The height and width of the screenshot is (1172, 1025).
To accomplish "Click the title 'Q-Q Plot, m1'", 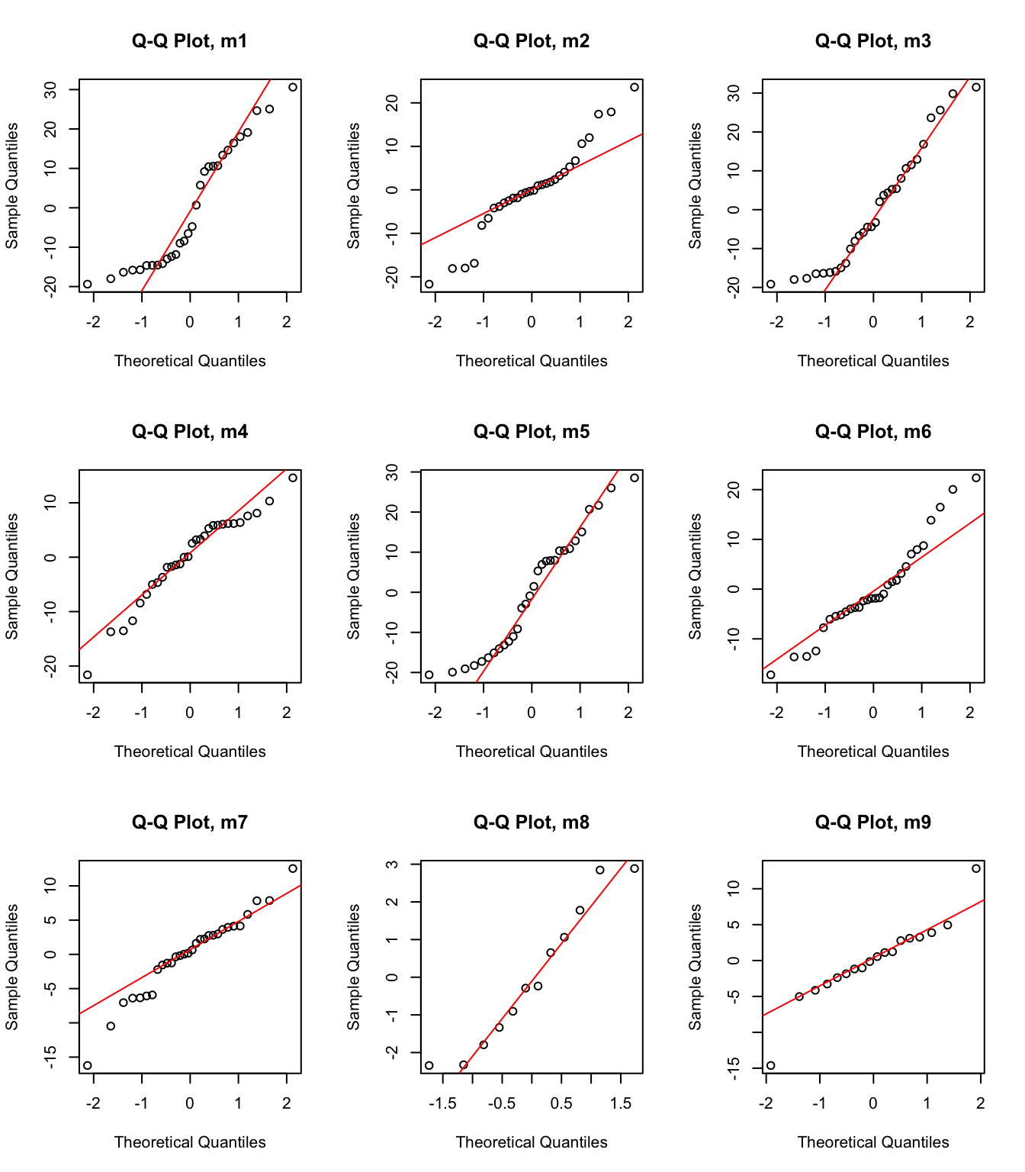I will pyautogui.click(x=189, y=41).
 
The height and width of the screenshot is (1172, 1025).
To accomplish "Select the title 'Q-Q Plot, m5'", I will pyautogui.click(x=531, y=432).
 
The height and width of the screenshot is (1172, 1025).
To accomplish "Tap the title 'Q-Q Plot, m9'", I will pyautogui.click(x=872, y=823).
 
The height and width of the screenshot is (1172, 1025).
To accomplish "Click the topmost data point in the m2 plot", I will pyautogui.click(x=635, y=88).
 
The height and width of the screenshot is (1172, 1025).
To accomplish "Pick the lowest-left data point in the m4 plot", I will pyautogui.click(x=88, y=675).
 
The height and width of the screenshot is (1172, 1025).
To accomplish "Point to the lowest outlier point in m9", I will pyautogui.click(x=770, y=1065).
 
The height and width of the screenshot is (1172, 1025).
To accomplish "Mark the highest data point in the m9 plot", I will pyautogui.click(x=976, y=868).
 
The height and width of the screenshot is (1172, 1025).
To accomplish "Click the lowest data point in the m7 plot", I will pyautogui.click(x=88, y=1065).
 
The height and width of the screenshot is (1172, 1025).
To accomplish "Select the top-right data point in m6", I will pyautogui.click(x=976, y=478).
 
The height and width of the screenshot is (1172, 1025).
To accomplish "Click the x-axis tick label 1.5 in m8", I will pyautogui.click(x=621, y=1103).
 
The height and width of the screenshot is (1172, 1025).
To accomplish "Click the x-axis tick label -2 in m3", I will pyautogui.click(x=776, y=322).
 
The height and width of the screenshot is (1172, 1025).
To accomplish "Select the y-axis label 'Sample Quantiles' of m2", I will pyautogui.click(x=354, y=186).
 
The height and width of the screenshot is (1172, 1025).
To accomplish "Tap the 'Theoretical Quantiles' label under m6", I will pyautogui.click(x=872, y=752).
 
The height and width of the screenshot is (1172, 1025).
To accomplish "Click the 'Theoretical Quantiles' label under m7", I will pyautogui.click(x=189, y=1142).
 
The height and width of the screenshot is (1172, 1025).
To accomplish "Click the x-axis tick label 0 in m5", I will pyautogui.click(x=532, y=713).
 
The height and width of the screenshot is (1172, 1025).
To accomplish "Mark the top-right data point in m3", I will pyautogui.click(x=976, y=88).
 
